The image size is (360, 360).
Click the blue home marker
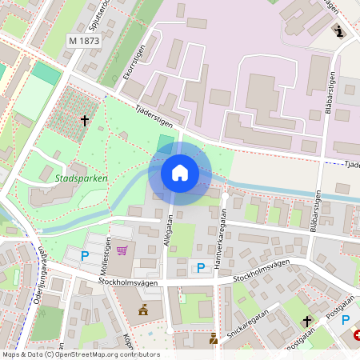[180, 173]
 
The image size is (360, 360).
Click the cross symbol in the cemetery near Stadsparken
[84, 121]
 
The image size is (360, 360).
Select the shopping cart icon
[122, 250]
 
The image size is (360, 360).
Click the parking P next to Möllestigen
[84, 256]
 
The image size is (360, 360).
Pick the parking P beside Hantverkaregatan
[201, 267]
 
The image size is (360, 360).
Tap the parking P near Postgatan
[346, 320]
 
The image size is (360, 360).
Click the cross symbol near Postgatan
[306, 321]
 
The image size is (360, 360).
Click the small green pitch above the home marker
[166, 142]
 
